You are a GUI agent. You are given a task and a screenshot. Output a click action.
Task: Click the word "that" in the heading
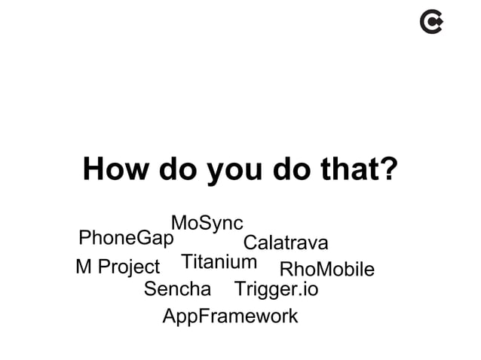coord(350,170)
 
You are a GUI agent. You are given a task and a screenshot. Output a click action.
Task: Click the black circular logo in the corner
coord(431,25)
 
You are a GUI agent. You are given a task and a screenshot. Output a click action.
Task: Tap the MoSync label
coord(207,224)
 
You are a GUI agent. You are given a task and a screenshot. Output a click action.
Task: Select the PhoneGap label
coord(126,239)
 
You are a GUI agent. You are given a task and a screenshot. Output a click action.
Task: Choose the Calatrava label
coord(286,244)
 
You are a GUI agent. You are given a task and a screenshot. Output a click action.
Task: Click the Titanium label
coord(219,262)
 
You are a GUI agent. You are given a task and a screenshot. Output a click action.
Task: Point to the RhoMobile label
coord(326,270)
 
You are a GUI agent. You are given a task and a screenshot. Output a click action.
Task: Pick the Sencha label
coord(177,289)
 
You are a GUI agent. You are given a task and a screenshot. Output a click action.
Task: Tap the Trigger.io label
coord(277,290)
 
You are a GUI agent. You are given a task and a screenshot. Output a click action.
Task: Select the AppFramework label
coord(230,317)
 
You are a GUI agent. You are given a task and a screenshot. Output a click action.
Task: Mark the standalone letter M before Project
coord(83,267)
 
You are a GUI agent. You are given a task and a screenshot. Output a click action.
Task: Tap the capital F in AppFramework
coord(202,316)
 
